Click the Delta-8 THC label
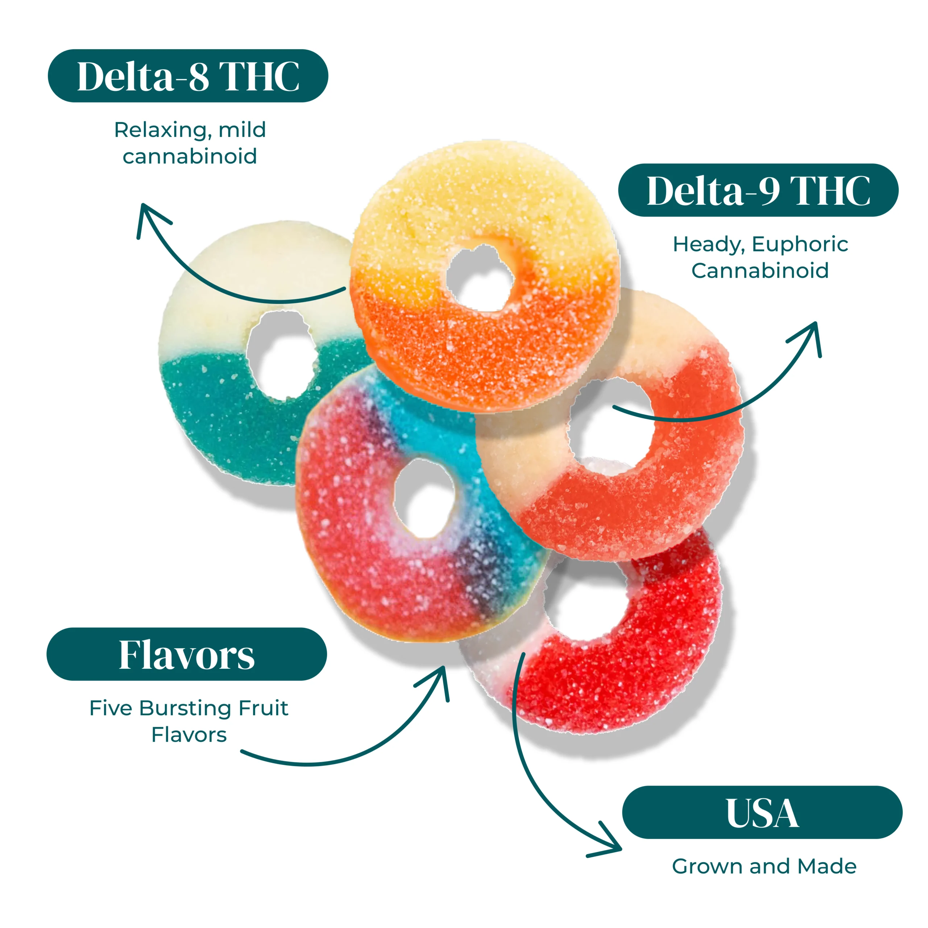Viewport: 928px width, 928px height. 188,76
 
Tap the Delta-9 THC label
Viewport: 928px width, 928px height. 758,190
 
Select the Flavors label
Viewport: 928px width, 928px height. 186,654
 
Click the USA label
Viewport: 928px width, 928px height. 762,813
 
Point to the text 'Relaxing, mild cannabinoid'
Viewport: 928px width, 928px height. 190,143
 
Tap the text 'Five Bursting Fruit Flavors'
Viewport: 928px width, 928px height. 189,721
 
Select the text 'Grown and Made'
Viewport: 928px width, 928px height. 764,866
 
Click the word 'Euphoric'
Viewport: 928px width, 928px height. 800,244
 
